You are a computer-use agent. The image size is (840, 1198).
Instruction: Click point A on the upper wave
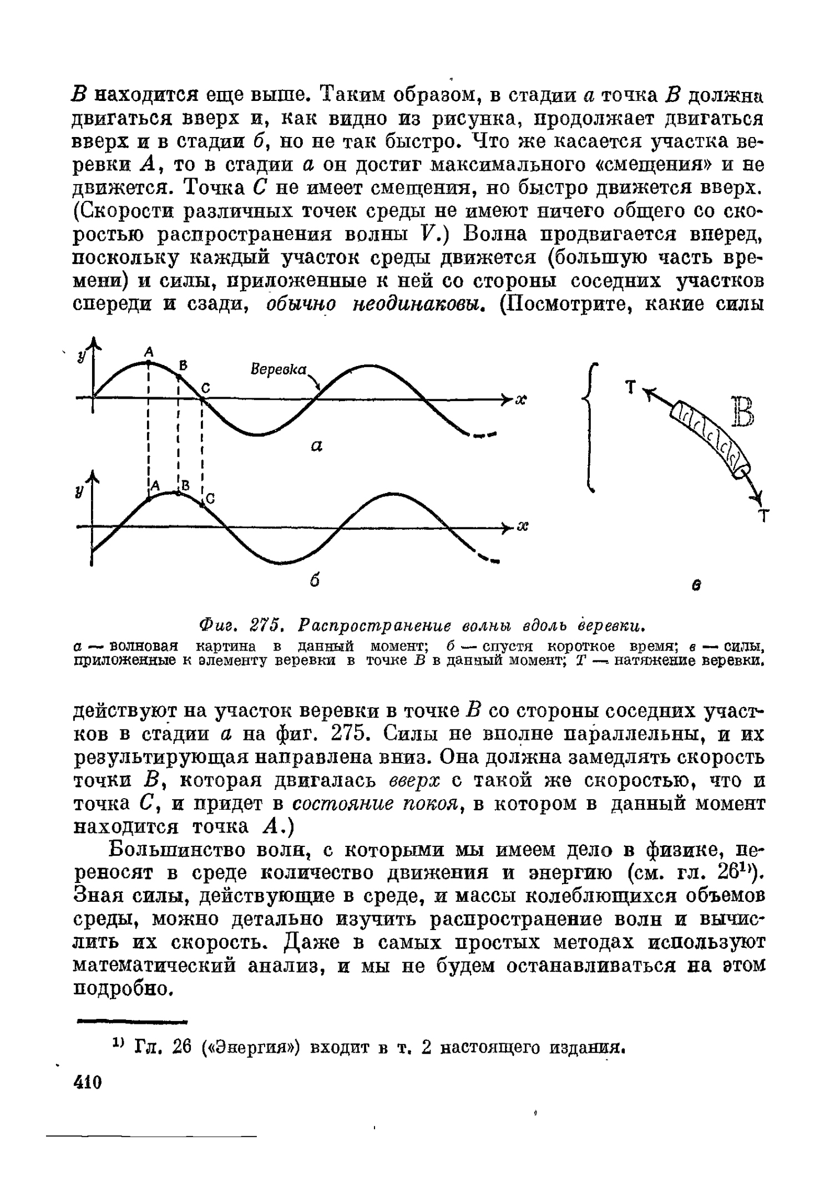(149, 362)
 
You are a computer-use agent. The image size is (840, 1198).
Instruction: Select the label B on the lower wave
(185, 485)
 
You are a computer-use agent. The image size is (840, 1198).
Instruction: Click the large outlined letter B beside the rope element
(742, 412)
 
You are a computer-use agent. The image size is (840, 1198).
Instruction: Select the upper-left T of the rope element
(629, 387)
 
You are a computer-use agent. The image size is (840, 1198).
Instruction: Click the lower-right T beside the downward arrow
(763, 517)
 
